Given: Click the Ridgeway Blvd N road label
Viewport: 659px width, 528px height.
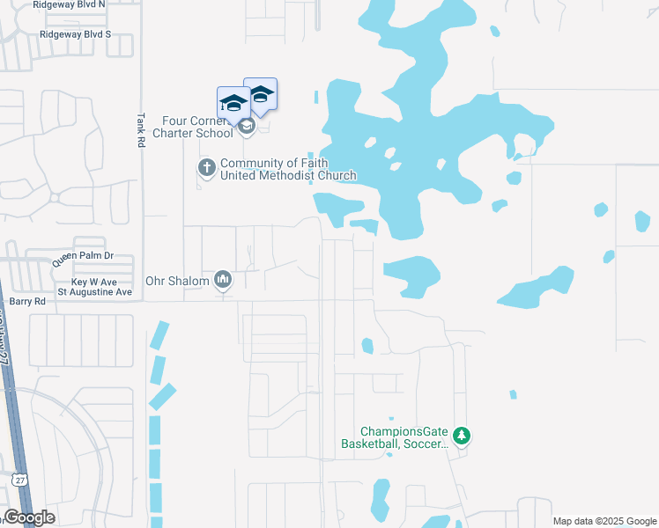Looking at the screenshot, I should [x=68, y=4].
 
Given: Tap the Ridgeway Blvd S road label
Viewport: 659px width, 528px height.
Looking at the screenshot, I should [x=75, y=34].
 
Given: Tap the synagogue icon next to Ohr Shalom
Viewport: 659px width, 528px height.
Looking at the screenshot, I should [x=223, y=281].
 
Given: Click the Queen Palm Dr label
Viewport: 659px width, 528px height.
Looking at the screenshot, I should [x=84, y=258].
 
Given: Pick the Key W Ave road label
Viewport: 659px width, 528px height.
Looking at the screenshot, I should [x=91, y=282].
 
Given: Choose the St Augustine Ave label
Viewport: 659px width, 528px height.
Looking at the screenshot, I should [x=94, y=291].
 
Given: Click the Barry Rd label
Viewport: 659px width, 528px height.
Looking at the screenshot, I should [x=26, y=301].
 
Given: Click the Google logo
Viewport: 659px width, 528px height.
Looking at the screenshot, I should [x=30, y=518].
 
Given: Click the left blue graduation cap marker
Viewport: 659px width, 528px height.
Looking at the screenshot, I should [x=233, y=105].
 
